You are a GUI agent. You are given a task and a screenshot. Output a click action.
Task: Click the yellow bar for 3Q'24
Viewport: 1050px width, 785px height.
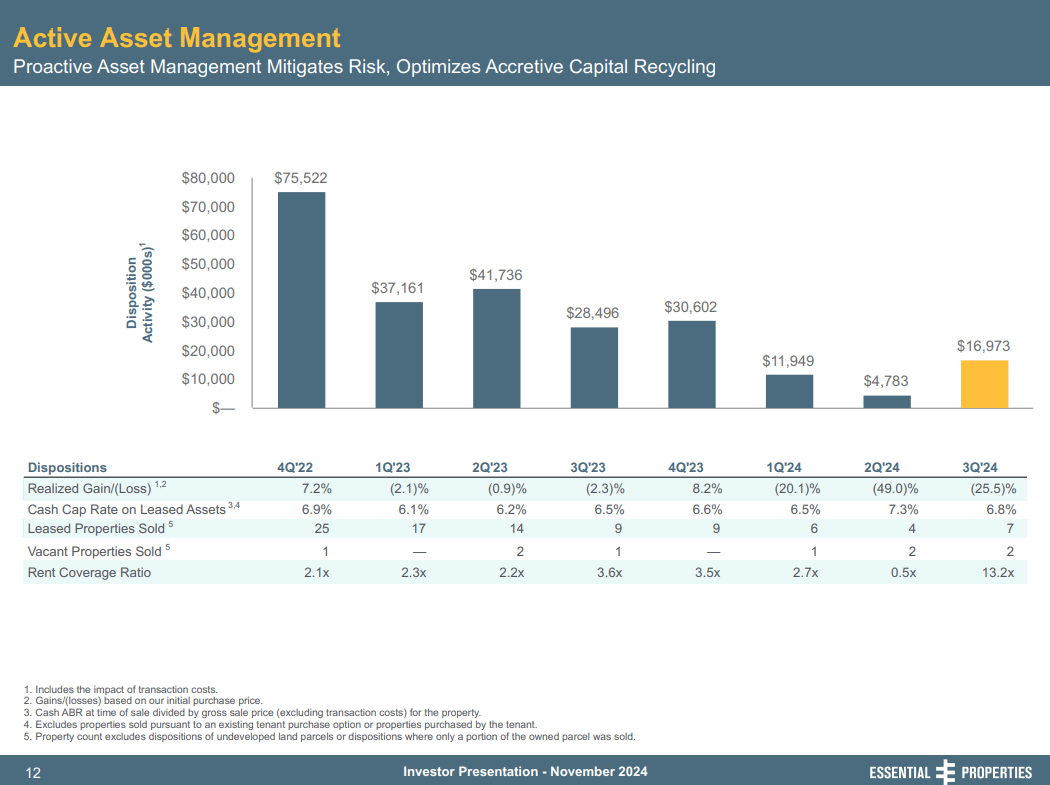point(984,384)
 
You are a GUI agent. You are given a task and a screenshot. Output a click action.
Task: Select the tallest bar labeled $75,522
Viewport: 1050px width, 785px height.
point(301,300)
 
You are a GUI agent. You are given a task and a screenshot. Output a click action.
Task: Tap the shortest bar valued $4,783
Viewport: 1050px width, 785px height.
point(887,402)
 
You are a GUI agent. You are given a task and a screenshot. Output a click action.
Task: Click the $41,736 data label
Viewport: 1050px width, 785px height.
point(496,274)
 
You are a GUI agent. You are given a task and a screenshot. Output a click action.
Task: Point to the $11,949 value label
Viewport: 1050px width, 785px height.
point(788,360)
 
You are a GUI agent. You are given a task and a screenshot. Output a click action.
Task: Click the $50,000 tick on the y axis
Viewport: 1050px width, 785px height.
point(208,264)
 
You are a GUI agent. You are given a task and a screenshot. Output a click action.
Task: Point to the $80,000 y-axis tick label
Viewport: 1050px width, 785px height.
point(208,178)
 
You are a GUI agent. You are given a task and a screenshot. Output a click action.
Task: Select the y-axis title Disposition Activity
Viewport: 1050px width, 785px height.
point(139,293)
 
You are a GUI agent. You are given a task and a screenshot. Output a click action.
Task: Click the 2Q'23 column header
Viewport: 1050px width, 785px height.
point(490,467)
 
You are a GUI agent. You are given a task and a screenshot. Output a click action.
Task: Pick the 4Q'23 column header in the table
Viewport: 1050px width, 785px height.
point(685,467)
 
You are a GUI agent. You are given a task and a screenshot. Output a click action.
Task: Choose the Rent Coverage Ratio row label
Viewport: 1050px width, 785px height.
point(90,573)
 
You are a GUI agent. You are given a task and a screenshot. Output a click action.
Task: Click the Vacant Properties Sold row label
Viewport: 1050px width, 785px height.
point(96,551)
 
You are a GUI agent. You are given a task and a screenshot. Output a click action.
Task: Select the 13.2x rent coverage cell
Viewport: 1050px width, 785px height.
point(996,573)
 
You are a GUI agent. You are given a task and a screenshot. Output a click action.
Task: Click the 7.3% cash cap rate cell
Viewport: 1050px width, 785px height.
point(899,509)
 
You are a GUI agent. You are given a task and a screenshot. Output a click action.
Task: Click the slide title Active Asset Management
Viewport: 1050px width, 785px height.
point(177,38)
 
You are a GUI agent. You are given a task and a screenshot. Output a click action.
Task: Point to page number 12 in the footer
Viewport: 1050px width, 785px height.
point(32,772)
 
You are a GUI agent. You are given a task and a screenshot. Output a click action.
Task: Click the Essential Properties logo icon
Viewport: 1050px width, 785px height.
point(945,772)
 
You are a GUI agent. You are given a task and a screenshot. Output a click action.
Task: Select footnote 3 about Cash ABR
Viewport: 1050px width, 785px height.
point(251,713)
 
